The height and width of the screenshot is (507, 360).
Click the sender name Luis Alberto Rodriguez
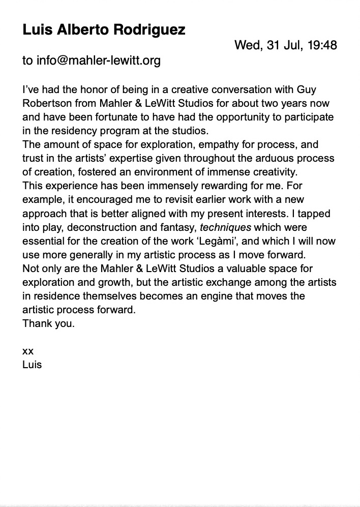coord(104,30)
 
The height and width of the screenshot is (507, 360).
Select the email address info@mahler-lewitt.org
coord(98,61)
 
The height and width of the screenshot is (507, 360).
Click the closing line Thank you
coord(48,323)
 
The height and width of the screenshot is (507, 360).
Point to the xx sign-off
coord(28,351)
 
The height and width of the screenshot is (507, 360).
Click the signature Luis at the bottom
coord(32,365)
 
